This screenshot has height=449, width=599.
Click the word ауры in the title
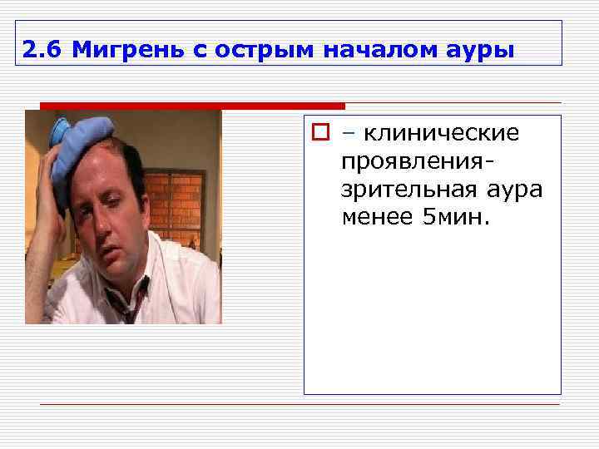482,52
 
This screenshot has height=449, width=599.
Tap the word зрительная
406,190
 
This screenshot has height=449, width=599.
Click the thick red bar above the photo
192,106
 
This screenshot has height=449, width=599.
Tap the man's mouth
103,247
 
